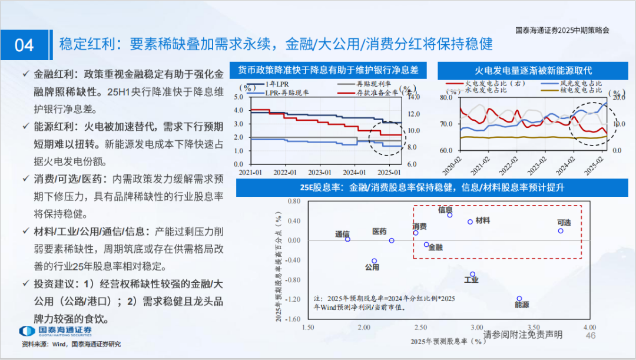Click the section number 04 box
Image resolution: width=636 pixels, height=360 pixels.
tap(24, 45)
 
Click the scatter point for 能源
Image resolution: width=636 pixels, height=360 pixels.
tap(519, 299)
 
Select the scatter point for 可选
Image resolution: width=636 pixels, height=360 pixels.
tap(560, 231)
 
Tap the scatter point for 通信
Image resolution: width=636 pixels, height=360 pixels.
tap(347, 239)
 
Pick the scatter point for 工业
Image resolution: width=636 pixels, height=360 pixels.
tap(472, 274)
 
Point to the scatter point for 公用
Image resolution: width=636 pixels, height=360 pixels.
tap(374, 260)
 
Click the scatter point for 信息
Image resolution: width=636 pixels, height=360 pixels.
tap(450, 215)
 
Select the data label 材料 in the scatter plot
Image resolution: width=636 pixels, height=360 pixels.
tap(483, 220)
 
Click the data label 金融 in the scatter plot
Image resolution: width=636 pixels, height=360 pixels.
tap(435, 247)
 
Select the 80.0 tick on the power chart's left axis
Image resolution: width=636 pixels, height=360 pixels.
tap(445, 97)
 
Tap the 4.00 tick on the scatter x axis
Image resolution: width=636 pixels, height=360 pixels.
tap(589, 327)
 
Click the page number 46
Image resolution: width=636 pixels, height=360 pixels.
tap(591, 335)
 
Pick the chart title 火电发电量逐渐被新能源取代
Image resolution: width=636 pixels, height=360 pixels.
tap(534, 70)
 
